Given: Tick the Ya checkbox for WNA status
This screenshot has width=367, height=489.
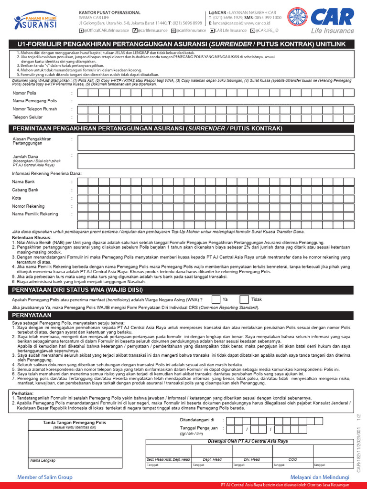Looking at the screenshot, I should pos(216,299).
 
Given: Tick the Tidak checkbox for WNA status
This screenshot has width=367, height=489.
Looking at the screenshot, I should pos(244,299).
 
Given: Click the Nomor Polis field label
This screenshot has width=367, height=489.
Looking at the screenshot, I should pos(24,93).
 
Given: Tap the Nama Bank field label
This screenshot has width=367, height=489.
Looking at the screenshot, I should pos(23,181).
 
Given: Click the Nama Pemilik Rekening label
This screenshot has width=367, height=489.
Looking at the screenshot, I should pos(35,214).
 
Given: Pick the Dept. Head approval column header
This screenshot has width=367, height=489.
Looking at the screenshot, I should pos(212,459).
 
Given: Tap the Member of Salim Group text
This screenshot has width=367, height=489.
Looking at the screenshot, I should pos(45,477).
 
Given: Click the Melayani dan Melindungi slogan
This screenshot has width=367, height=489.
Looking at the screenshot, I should pos(320,477).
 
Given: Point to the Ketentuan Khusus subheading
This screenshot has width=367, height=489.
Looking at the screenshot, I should pos(32,237).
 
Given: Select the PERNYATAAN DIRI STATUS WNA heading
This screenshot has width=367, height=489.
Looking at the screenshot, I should pos(77,290).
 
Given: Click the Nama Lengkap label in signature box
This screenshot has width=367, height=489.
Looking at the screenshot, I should pos(43,460).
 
